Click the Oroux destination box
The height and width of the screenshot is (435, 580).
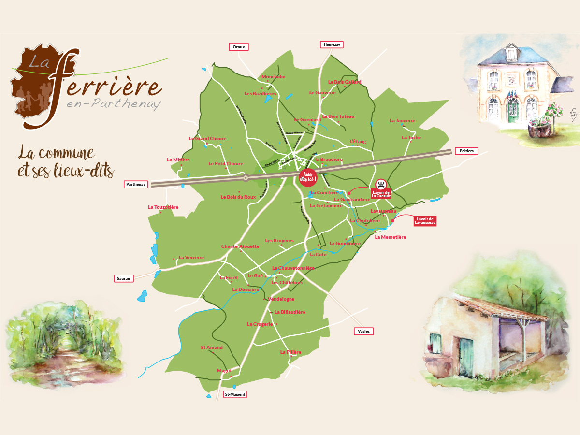click(238, 47)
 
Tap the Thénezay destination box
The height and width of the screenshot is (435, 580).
click(332, 44)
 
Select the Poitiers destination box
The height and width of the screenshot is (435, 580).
click(466, 151)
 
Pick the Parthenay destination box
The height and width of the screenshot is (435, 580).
click(136, 184)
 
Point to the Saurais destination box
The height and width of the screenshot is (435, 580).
click(124, 278)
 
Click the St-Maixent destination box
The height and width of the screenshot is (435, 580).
click(235, 394)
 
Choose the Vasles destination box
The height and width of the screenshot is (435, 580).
click(364, 331)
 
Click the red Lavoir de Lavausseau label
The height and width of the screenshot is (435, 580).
click(425, 221)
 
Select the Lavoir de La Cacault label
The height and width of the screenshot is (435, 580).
click(381, 194)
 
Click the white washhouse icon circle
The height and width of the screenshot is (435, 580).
click(381, 184)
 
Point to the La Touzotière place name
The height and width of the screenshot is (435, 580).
click(163, 207)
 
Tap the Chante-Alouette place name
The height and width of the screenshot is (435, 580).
click(240, 246)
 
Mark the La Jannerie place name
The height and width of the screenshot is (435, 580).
click(402, 121)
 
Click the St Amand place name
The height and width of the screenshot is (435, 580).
click(212, 348)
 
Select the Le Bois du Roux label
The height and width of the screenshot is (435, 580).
click(238, 197)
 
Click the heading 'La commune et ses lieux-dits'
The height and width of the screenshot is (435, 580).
click(66, 162)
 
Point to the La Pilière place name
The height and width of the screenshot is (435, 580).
click(290, 352)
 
